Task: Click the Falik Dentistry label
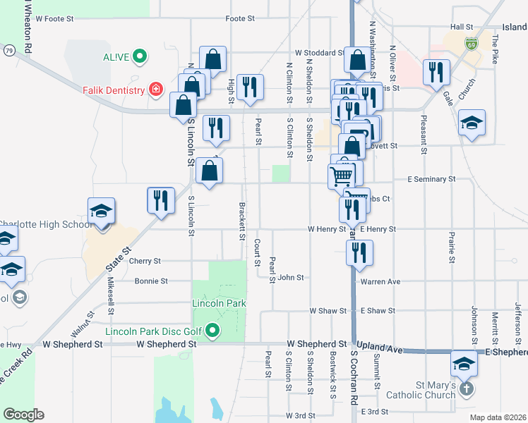(x=113, y=90)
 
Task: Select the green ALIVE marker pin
(x=140, y=55)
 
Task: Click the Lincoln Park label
(x=219, y=303)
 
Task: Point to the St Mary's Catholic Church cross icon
(x=466, y=388)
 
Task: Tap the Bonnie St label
(x=151, y=281)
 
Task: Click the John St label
(x=290, y=278)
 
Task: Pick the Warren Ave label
(x=380, y=282)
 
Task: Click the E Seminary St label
(x=431, y=180)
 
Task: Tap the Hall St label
(x=462, y=26)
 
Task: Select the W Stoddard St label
(x=319, y=52)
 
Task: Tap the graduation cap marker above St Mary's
(x=464, y=362)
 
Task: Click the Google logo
(x=23, y=415)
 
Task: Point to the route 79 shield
(x=8, y=50)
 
